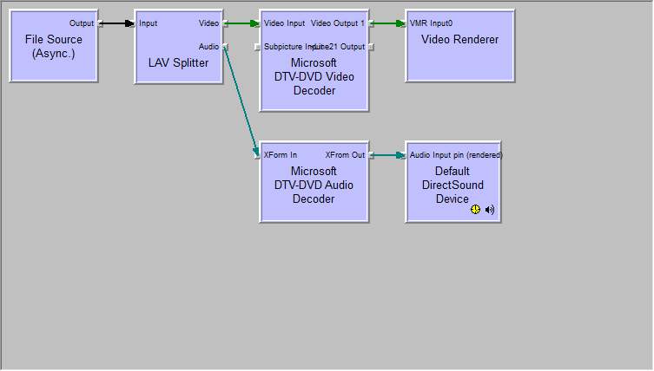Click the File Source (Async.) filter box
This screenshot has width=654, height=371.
[54, 47]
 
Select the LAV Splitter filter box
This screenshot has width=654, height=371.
[178, 62]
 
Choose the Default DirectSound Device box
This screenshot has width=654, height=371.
[453, 185]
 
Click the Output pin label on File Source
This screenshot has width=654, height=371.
[82, 23]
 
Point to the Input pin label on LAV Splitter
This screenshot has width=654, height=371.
[149, 23]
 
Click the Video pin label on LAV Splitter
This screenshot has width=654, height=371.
[208, 23]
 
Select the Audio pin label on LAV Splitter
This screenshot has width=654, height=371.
[208, 47]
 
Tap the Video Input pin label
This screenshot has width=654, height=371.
[284, 23]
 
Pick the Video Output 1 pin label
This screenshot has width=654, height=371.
[338, 23]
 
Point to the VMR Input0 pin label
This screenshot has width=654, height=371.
[431, 23]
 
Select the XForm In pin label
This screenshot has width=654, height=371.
[281, 155]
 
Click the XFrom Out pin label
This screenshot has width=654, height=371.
[345, 155]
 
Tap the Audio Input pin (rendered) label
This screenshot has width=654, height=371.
[456, 155]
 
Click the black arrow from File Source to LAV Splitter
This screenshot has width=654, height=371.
[117, 23]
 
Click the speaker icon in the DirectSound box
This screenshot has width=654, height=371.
[490, 209]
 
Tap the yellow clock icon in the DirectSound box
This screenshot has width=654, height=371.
[476, 209]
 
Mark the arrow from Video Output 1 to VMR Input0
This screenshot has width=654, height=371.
[387, 23]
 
